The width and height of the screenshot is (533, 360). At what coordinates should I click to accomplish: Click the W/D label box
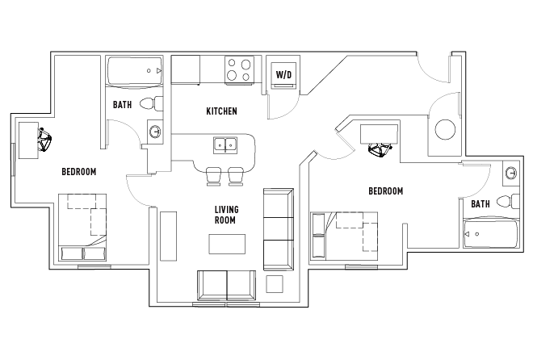[283, 74]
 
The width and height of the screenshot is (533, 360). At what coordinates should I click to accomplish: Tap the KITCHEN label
[221, 111]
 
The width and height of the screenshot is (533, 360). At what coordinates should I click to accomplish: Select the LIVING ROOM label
[226, 215]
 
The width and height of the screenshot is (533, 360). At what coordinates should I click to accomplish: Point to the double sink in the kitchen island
[225, 145]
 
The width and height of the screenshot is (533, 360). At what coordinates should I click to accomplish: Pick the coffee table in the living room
[227, 244]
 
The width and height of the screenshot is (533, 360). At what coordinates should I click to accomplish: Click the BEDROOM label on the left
[79, 172]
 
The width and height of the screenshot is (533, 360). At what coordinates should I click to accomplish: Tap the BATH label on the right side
[481, 204]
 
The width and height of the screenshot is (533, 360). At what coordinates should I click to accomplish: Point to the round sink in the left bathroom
[155, 131]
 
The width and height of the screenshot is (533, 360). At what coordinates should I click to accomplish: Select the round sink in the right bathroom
[511, 173]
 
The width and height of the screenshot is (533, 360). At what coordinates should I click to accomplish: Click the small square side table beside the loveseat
[275, 284]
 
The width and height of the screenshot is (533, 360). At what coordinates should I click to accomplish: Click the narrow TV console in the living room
[168, 235]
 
